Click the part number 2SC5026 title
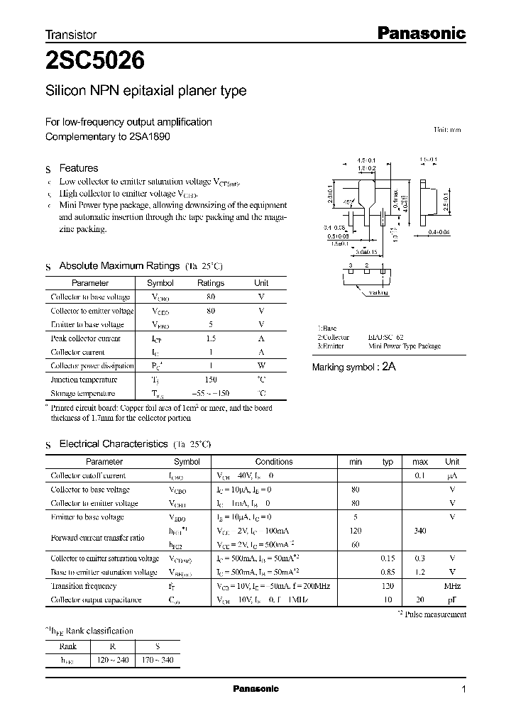(x=96, y=62)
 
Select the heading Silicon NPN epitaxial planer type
(x=146, y=92)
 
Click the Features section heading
(x=78, y=168)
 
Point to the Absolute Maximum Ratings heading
(x=119, y=266)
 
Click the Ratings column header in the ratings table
(x=210, y=283)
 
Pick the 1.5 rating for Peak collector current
(x=211, y=338)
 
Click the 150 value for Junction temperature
(x=211, y=380)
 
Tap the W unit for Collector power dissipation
(x=261, y=366)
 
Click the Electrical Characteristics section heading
(x=113, y=444)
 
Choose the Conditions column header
(x=273, y=462)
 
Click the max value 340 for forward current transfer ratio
(x=420, y=531)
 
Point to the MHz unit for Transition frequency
(x=452, y=586)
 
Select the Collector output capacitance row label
(x=96, y=600)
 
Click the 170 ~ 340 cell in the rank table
(x=157, y=661)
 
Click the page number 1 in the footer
(x=463, y=690)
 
